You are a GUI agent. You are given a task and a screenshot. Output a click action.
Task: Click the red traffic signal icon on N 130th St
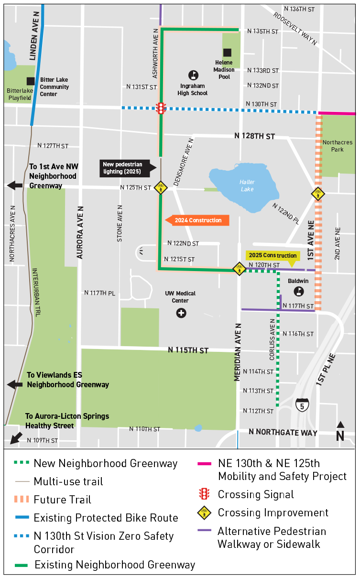point(162,108)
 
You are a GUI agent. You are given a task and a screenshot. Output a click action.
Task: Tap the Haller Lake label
point(247,185)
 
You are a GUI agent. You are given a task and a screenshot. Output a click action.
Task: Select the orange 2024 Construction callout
point(197,220)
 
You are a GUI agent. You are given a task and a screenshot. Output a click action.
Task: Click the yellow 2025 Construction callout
point(273,256)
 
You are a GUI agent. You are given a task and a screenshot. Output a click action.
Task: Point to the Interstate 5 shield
point(302,405)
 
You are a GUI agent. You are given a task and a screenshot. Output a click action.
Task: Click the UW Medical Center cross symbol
point(181,313)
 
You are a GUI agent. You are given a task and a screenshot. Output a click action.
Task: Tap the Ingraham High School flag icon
point(193,75)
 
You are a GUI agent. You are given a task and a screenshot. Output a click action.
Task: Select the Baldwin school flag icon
point(299,291)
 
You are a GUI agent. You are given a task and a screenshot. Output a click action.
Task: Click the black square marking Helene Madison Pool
point(228,52)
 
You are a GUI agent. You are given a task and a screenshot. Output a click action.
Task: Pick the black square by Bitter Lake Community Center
point(31,81)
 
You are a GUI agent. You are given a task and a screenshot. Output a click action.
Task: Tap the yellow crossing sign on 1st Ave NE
point(317,194)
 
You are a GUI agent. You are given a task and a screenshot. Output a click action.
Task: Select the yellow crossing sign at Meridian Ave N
point(239,269)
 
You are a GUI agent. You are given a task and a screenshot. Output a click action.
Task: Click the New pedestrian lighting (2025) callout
point(126,168)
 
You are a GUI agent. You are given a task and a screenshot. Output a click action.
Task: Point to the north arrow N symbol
point(340,433)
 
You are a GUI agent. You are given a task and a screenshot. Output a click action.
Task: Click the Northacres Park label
point(338,146)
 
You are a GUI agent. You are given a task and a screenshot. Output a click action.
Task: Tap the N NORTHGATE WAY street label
point(283,432)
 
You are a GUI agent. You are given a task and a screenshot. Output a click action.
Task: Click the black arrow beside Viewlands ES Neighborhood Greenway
point(15,384)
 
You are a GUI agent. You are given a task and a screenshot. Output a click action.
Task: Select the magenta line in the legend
point(204,464)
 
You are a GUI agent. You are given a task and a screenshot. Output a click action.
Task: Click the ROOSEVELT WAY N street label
point(295,28)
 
